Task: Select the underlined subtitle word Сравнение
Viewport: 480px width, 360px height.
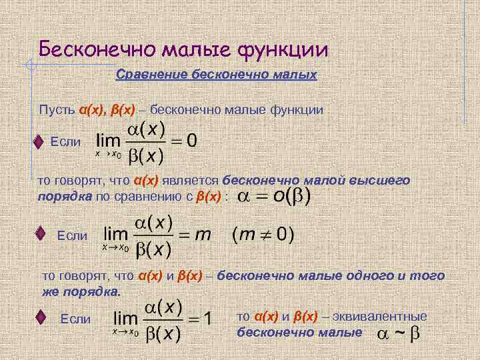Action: click(x=151, y=75)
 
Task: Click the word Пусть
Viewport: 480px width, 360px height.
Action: click(x=57, y=109)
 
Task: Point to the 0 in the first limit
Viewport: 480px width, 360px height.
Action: click(x=191, y=141)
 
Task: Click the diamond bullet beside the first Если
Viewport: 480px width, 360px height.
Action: click(x=39, y=142)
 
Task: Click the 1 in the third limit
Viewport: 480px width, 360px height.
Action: click(x=207, y=319)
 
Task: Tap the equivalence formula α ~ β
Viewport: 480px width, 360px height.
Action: click(x=398, y=333)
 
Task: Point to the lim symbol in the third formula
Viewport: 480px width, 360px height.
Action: click(x=127, y=319)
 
